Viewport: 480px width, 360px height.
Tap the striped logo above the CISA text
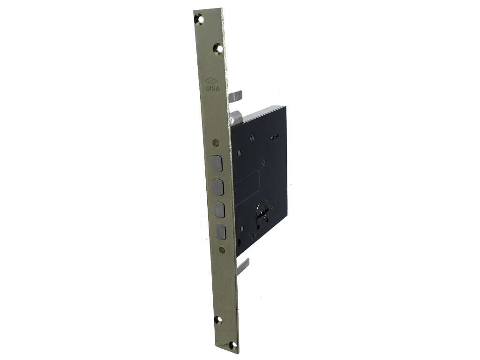tap(212, 81)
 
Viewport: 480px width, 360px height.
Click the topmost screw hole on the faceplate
tap(201, 20)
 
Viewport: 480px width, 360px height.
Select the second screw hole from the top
tap(218, 48)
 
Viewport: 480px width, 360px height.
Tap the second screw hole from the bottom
tap(218, 320)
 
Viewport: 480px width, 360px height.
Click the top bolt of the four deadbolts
tap(217, 164)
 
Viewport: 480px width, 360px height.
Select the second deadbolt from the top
tap(218, 187)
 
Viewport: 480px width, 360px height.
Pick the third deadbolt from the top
tap(219, 210)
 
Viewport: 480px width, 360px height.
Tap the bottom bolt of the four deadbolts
tap(221, 232)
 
